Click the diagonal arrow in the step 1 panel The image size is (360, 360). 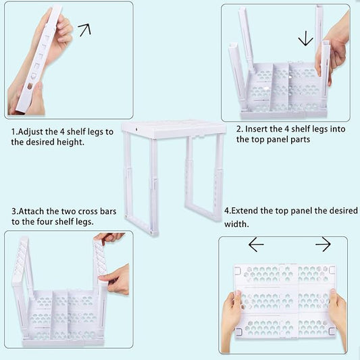coord(84,30)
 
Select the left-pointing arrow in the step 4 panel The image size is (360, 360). coord(256,245)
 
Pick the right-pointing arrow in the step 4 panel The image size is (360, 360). coord(323,244)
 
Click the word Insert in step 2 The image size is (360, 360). coord(256,129)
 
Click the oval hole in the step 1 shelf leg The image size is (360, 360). coord(30,86)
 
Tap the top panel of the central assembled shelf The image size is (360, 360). coord(174,128)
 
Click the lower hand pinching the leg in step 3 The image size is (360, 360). coord(115,280)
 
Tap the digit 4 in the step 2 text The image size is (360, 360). coord(287,129)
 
